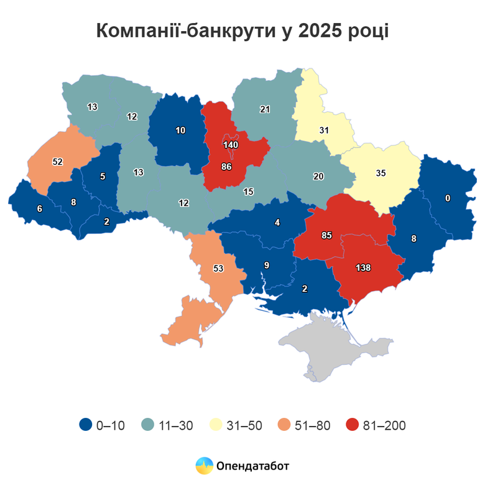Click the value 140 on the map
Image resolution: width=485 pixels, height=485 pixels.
pyautogui.click(x=231, y=145)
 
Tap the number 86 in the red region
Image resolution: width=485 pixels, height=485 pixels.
pyautogui.click(x=226, y=167)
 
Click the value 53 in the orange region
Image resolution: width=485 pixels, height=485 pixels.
pyautogui.click(x=218, y=269)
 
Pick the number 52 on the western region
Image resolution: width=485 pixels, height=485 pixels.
pyautogui.click(x=57, y=162)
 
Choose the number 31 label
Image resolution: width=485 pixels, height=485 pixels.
pyautogui.click(x=323, y=131)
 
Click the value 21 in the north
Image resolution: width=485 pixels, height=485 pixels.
pyautogui.click(x=264, y=109)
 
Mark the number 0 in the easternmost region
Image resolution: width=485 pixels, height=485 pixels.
pyautogui.click(x=447, y=198)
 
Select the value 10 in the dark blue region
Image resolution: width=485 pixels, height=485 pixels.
pyautogui.click(x=180, y=131)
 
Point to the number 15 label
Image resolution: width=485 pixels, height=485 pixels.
pyautogui.click(x=248, y=192)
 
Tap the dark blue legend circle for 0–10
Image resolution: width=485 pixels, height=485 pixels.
pyautogui.click(x=86, y=425)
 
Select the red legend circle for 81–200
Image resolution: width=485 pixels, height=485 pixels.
pyautogui.click(x=353, y=425)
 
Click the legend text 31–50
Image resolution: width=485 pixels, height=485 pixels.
pyautogui.click(x=246, y=426)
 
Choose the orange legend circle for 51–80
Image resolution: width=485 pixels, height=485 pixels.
pyautogui.click(x=285, y=425)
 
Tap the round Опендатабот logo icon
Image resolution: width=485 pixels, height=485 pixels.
pyautogui.click(x=204, y=464)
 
